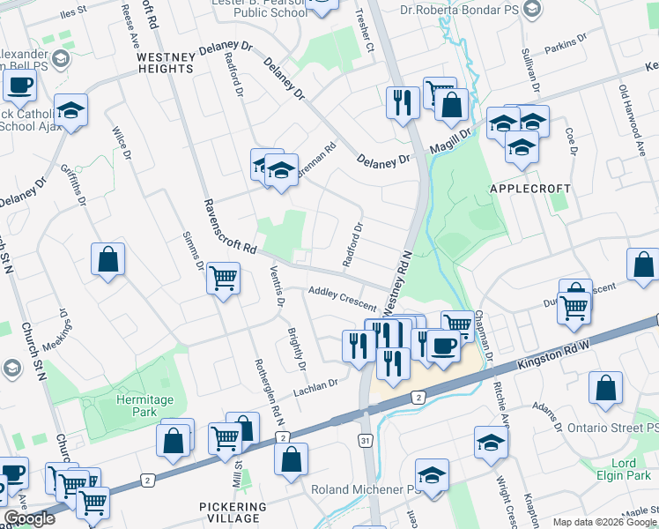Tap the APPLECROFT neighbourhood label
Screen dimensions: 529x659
point(537,189)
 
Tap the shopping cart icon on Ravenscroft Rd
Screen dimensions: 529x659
point(223,279)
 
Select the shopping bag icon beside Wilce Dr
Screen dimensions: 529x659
point(107,260)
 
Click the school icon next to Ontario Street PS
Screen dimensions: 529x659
point(491,443)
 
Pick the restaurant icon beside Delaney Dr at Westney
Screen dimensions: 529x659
point(402,102)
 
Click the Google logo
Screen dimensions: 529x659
point(29,519)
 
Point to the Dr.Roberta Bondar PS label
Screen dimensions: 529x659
point(470,12)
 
